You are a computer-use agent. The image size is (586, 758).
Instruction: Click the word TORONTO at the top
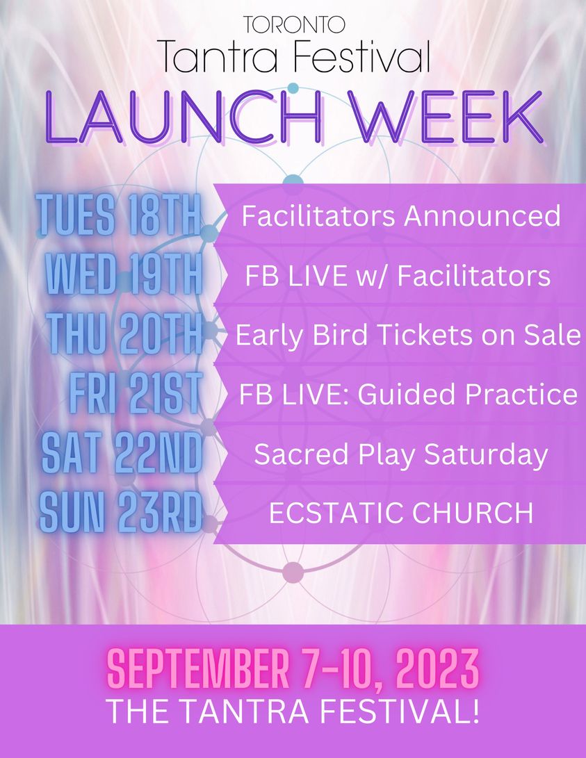click(x=294, y=24)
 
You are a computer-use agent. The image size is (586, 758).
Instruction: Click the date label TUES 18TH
click(x=118, y=215)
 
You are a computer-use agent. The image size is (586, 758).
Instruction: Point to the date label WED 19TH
click(x=124, y=274)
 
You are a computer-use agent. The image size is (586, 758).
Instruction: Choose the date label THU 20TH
click(x=124, y=333)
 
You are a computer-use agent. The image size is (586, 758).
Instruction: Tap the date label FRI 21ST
click(x=136, y=393)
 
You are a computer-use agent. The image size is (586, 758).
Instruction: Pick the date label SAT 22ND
click(x=122, y=452)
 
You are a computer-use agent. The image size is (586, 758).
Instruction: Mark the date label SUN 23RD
click(x=120, y=512)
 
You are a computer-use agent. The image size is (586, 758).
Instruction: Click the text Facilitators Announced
click(x=401, y=215)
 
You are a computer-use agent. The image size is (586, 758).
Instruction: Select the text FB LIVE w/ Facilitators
click(x=398, y=276)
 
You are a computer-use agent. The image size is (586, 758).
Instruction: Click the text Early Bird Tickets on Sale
click(x=408, y=335)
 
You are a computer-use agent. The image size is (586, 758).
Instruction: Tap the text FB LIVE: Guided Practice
click(x=408, y=394)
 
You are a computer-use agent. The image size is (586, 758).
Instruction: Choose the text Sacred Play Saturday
click(x=401, y=455)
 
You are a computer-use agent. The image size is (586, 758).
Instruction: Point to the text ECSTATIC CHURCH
click(x=401, y=513)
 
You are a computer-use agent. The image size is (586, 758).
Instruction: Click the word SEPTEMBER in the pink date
click(x=197, y=670)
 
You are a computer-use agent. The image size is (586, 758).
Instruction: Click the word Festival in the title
click(x=362, y=56)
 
